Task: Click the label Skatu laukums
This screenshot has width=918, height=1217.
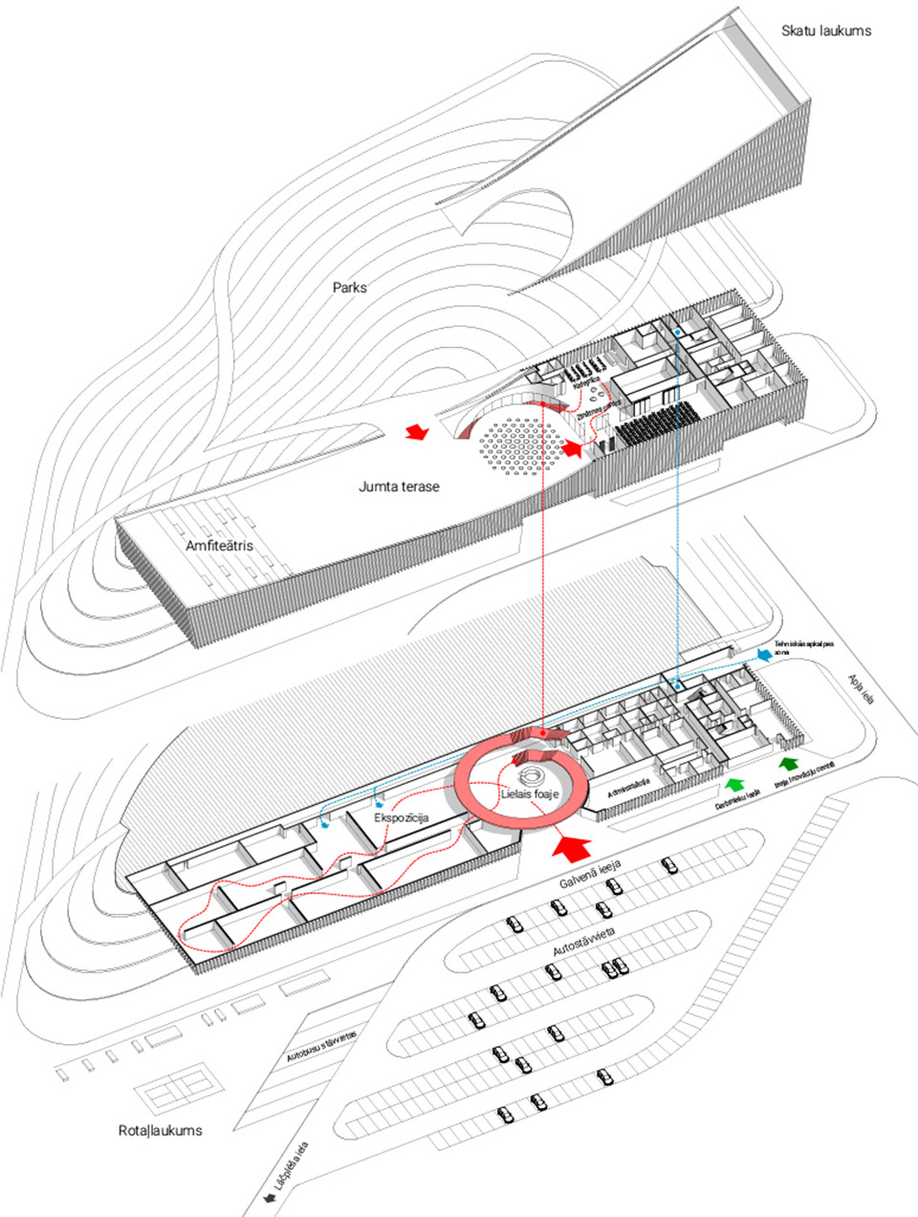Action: [x=826, y=31]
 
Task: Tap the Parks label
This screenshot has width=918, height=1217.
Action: [x=349, y=287]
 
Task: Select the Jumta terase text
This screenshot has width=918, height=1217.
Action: [x=399, y=487]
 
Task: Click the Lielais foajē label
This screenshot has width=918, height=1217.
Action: [x=529, y=793]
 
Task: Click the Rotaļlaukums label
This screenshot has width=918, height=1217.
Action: [x=161, y=1130]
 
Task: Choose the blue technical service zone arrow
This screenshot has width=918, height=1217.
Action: [x=764, y=654]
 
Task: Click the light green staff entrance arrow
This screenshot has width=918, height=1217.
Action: [x=734, y=785]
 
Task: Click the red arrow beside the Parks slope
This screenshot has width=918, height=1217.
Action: [x=417, y=432]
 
